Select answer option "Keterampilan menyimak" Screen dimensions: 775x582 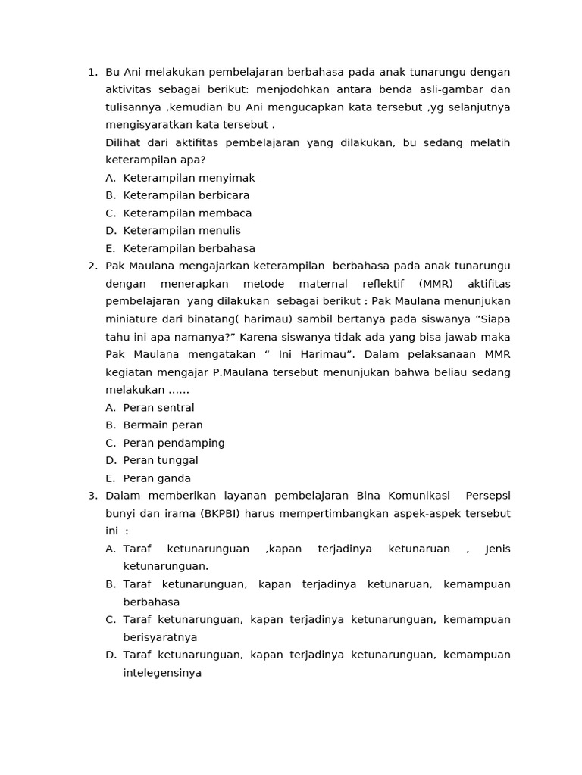click(189, 178)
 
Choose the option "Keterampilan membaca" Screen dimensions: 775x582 click(187, 213)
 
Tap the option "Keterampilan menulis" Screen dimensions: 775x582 click(182, 231)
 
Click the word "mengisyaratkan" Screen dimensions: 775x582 click(149, 125)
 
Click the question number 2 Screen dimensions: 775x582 click(92, 266)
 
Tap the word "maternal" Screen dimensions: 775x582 click(322, 284)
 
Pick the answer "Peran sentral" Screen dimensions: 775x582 click(158, 408)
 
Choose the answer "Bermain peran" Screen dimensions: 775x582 click(163, 425)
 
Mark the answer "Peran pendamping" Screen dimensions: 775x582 click(174, 443)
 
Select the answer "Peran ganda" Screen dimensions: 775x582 click(157, 478)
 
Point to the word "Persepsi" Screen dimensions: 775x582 click(488, 496)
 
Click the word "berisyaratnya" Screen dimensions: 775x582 click(160, 637)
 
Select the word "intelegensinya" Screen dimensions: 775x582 click(162, 672)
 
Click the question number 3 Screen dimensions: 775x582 click(92, 496)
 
